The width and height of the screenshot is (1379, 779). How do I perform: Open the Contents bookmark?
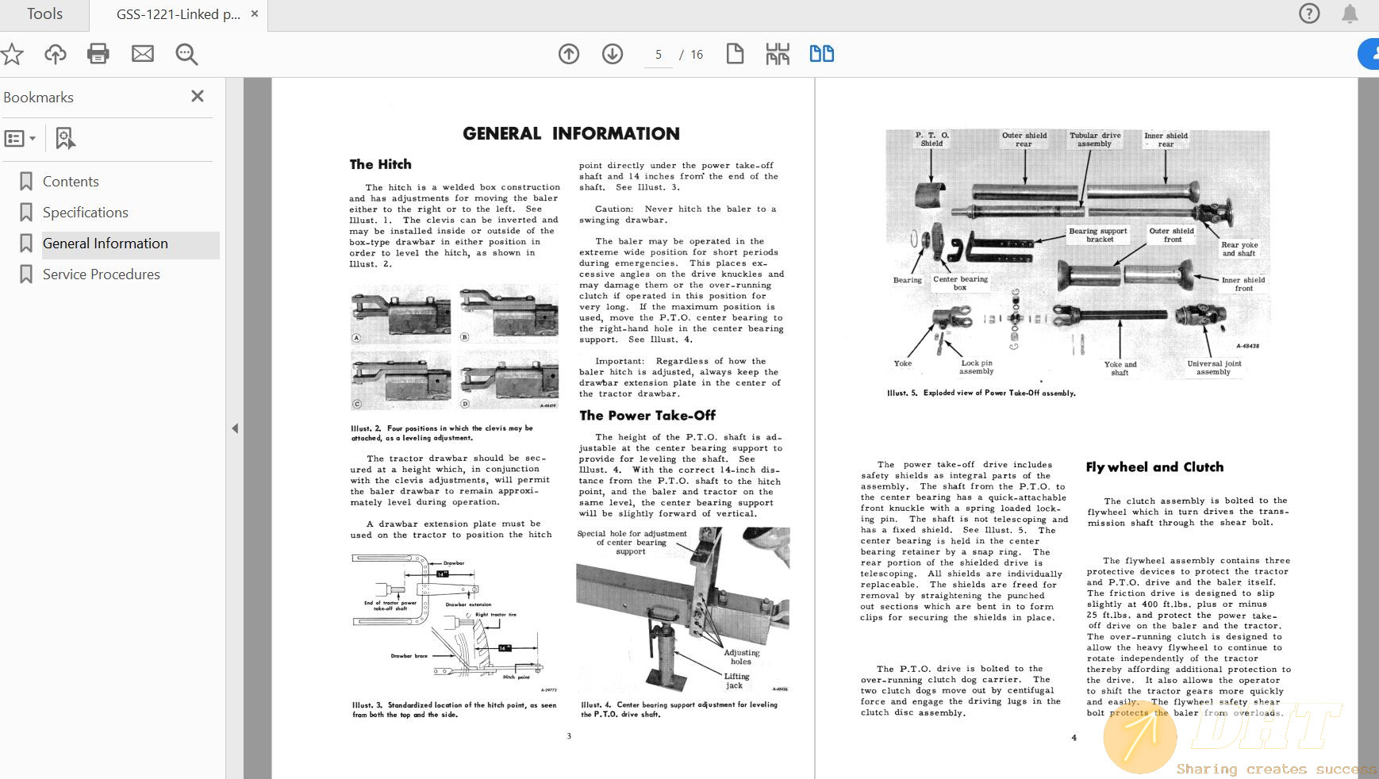tap(71, 182)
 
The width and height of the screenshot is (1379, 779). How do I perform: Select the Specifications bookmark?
tap(85, 213)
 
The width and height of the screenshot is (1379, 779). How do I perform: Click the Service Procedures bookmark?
tap(101, 274)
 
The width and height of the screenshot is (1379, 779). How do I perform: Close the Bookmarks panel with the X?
tap(198, 96)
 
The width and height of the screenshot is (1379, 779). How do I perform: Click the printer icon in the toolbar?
tap(98, 54)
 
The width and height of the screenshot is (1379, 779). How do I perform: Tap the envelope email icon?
tap(143, 54)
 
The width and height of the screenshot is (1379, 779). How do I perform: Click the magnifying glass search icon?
tap(186, 54)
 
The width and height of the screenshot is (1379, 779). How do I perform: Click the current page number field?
tap(658, 55)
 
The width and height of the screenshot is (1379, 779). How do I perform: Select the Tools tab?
tap(44, 14)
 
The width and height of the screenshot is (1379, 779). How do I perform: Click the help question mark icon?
tap(1309, 13)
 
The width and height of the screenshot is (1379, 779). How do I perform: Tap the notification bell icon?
tap(1350, 13)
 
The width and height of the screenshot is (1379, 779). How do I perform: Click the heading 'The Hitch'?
tap(381, 164)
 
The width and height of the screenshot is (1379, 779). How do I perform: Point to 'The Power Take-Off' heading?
tap(647, 416)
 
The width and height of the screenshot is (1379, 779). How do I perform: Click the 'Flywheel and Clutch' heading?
tap(1154, 467)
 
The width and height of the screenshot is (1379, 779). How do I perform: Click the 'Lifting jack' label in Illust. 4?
tap(736, 681)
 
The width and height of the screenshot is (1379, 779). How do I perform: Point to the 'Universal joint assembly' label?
tap(1214, 367)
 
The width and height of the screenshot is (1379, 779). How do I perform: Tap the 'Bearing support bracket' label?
tap(1098, 235)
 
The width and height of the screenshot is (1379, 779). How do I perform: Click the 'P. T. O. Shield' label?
tap(932, 139)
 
